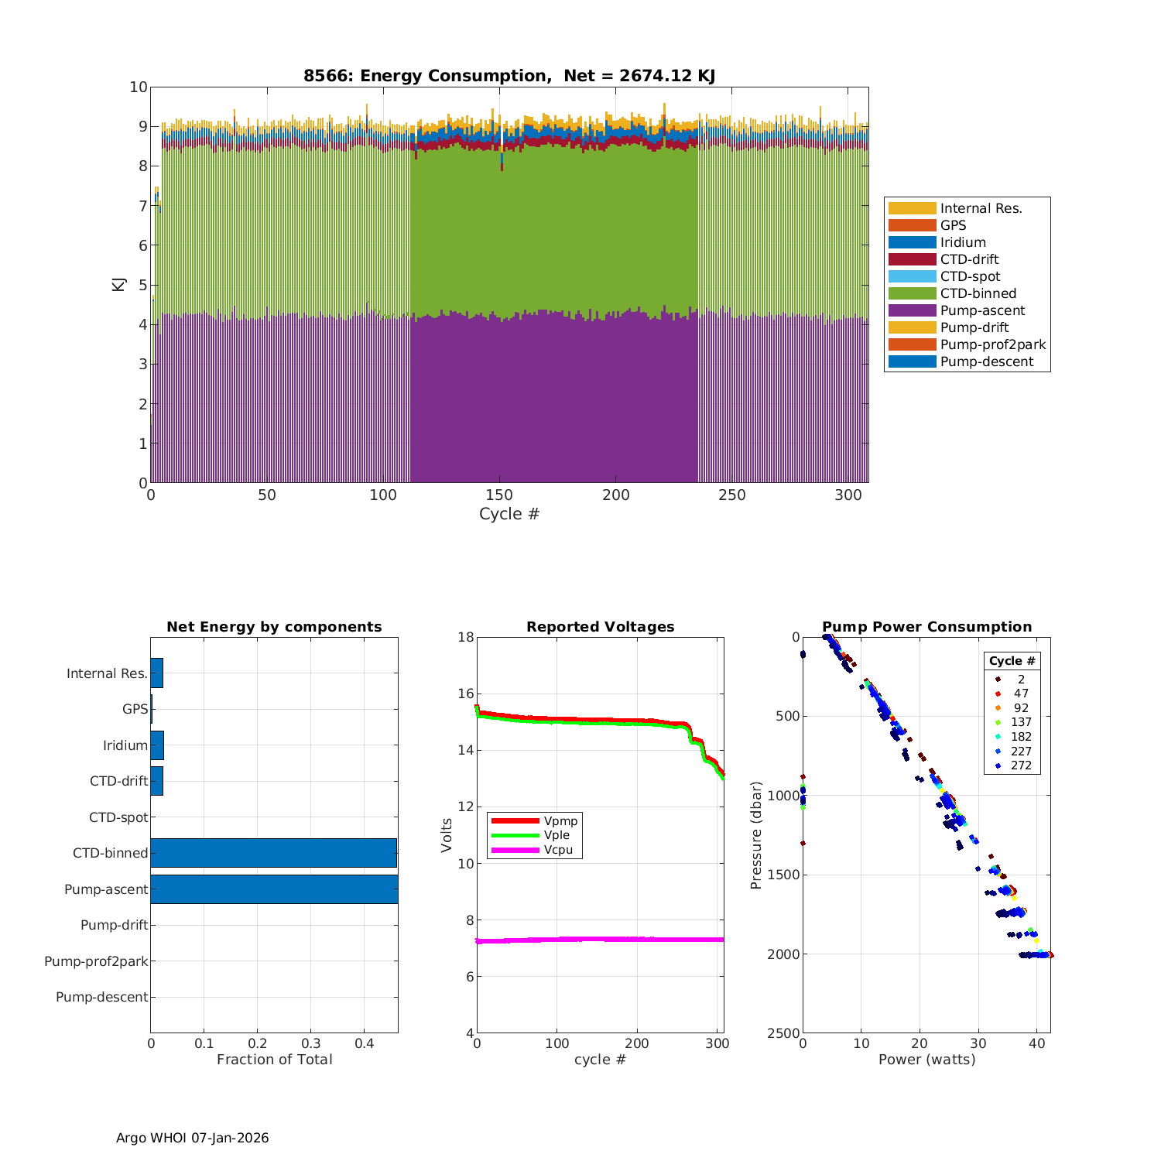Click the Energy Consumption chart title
[509, 76]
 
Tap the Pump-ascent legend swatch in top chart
[912, 310]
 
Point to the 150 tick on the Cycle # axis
[499, 495]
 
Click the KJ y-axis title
[118, 284]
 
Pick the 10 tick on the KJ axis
[139, 87]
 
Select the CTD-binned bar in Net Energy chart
[273, 853]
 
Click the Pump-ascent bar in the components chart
[274, 889]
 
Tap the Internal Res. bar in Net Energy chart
[157, 673]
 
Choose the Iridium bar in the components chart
[157, 745]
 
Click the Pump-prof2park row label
[96, 961]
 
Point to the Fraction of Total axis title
[274, 1060]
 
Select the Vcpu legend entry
[557, 850]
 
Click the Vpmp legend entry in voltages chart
[560, 820]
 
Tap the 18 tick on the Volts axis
[466, 637]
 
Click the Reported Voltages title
[600, 627]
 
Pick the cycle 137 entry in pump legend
[1021, 722]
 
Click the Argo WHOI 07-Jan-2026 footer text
[192, 1138]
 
